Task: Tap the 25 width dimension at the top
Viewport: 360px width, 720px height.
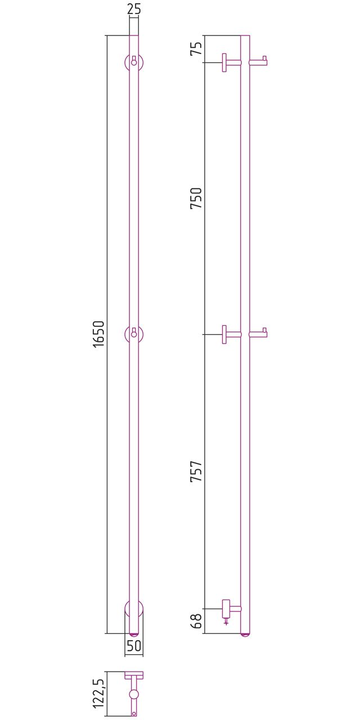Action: pyautogui.click(x=134, y=8)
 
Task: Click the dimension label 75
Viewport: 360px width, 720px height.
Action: pyautogui.click(x=196, y=48)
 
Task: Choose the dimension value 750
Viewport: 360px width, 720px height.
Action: pyautogui.click(x=196, y=198)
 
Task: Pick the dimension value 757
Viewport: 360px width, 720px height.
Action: pyautogui.click(x=196, y=471)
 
